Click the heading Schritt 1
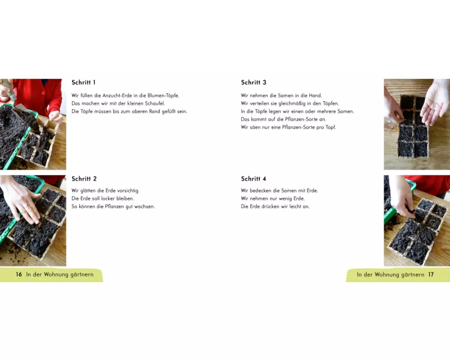click(x=84, y=82)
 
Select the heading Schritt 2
click(x=84, y=179)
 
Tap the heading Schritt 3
click(x=254, y=82)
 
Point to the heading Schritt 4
click(x=254, y=179)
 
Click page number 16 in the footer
click(x=19, y=274)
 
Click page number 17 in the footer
click(x=431, y=274)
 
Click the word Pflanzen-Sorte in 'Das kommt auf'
click(x=301, y=119)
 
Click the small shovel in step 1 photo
click(x=24, y=115)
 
